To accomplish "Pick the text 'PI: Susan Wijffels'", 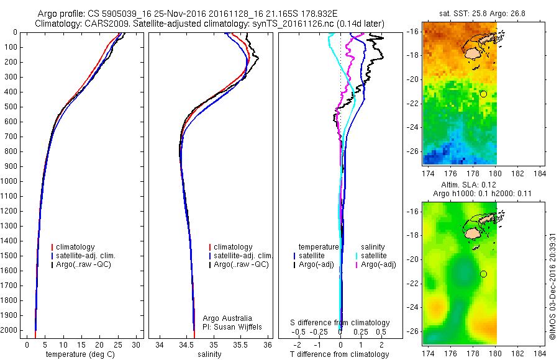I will [233, 326].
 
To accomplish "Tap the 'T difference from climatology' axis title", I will [340, 354].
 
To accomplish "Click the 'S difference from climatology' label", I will [340, 323].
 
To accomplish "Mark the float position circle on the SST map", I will [483, 94].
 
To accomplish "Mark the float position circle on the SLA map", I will [483, 274].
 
